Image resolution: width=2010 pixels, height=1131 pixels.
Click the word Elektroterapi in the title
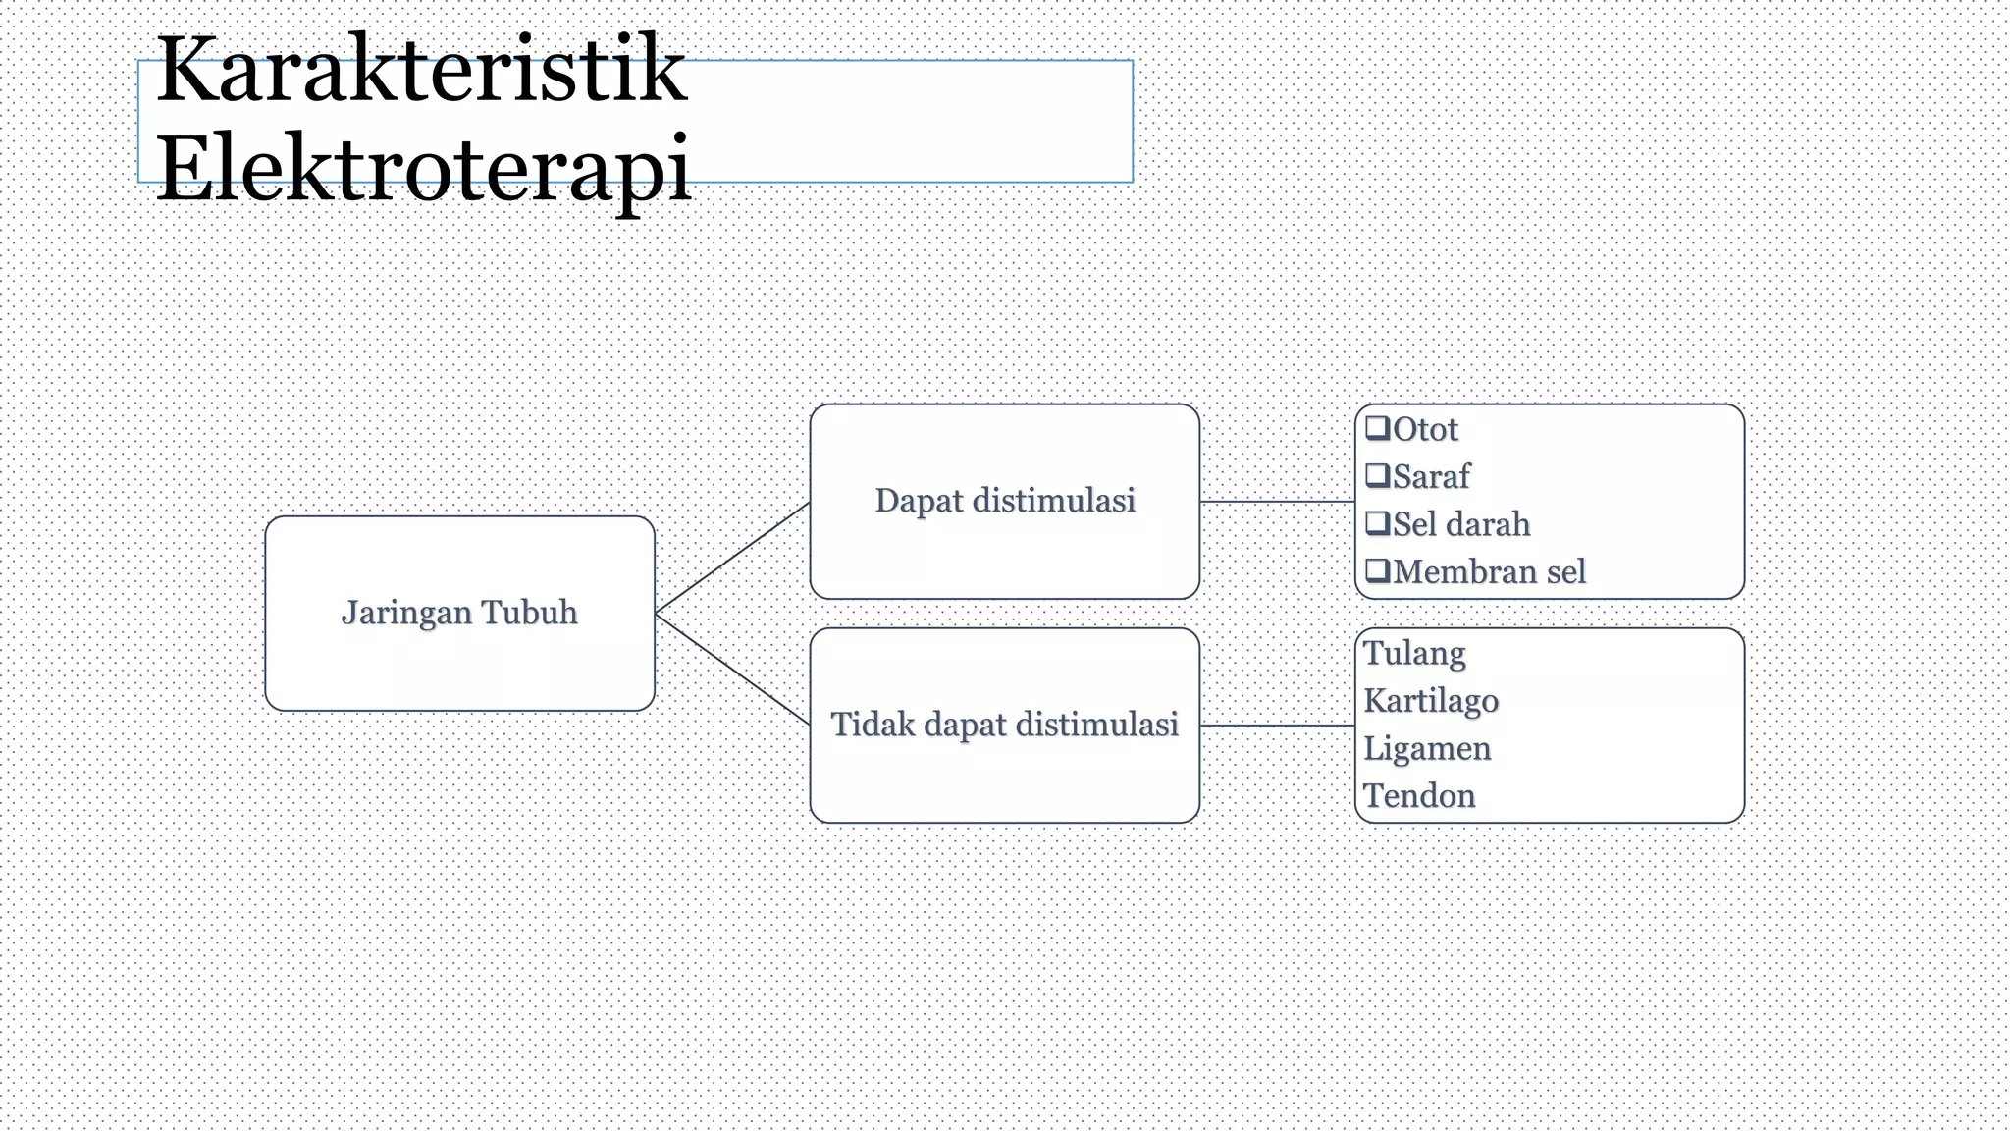click(424, 169)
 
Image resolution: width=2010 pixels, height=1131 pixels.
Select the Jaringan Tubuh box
click(459, 613)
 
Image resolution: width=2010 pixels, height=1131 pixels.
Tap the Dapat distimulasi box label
click(1005, 501)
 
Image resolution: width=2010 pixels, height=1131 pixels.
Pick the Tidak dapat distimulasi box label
click(1005, 725)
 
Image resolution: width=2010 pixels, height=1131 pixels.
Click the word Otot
click(1425, 429)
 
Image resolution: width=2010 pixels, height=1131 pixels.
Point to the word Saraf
click(1431, 477)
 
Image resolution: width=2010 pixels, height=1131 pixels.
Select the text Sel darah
click(1461, 524)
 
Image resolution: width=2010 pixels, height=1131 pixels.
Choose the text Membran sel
click(1489, 571)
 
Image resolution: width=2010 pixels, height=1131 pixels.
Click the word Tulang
click(1414, 654)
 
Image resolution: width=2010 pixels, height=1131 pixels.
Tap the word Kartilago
click(1431, 701)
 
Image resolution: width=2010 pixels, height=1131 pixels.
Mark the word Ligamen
click(1427, 748)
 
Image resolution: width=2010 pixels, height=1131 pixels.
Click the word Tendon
click(1419, 795)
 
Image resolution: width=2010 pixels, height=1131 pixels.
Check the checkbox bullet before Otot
click(1378, 428)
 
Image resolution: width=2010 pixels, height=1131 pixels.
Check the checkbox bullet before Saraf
click(1378, 476)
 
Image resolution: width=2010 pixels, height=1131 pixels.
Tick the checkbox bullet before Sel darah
click(1378, 523)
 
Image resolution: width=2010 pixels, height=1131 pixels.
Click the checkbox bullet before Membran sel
click(1378, 570)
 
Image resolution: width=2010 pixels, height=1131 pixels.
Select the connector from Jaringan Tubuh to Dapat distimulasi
click(732, 558)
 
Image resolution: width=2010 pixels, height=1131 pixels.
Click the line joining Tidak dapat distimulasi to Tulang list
click(1277, 726)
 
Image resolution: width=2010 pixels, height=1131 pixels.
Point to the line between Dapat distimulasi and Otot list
click(1277, 501)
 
